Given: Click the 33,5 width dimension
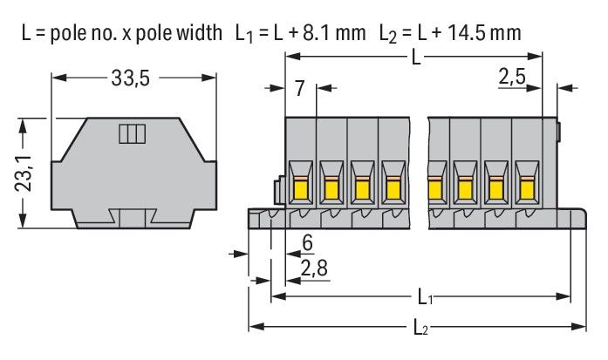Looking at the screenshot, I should coord(130,79).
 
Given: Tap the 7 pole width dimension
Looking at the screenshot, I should coord(299,87).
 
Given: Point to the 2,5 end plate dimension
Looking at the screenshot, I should coord(511,79).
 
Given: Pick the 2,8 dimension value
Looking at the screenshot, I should coord(313,266).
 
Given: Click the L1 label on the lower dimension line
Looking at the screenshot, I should coord(425,298).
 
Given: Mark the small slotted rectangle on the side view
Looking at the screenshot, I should coord(131,133).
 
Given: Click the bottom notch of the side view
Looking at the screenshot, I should coord(131,219).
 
